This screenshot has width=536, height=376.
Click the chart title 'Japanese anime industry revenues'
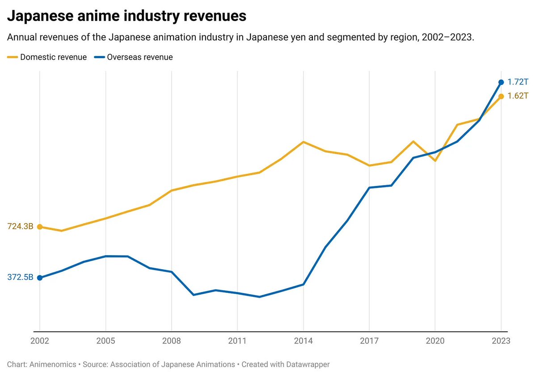(127, 17)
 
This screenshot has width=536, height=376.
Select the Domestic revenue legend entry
(47, 57)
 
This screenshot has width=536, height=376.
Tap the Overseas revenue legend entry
(134, 57)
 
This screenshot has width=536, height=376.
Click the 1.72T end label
(518, 82)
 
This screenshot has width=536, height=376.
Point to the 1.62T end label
(518, 96)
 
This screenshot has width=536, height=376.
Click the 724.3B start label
(20, 227)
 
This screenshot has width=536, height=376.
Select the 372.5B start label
(20, 278)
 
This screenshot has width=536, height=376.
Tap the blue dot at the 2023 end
(501, 82)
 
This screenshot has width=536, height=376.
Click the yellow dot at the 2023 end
(501, 96)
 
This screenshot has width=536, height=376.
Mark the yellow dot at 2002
(40, 227)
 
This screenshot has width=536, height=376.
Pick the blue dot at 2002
(40, 278)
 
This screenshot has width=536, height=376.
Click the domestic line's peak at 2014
(304, 142)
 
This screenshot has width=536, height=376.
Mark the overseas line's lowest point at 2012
(259, 297)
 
